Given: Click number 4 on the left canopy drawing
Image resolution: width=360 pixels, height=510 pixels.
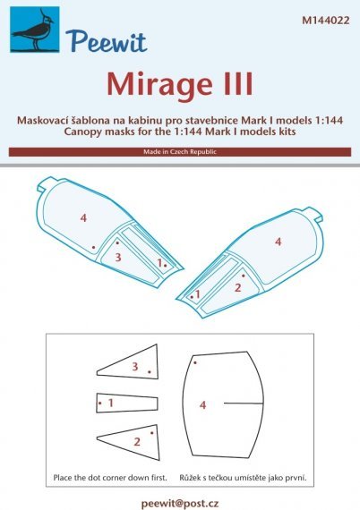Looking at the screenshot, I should (x=82, y=218).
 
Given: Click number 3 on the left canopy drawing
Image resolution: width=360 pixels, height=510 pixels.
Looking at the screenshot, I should (x=117, y=257).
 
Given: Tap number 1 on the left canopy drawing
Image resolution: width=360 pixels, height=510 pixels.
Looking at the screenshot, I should (x=159, y=262).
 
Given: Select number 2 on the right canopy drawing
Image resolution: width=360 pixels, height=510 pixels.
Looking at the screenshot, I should (x=237, y=287).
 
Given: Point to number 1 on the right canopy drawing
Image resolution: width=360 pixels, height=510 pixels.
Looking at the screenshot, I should (x=198, y=293).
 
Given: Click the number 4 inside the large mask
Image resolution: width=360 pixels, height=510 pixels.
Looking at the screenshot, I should (x=203, y=404).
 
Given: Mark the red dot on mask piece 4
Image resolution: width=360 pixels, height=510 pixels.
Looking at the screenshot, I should (x=195, y=362).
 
